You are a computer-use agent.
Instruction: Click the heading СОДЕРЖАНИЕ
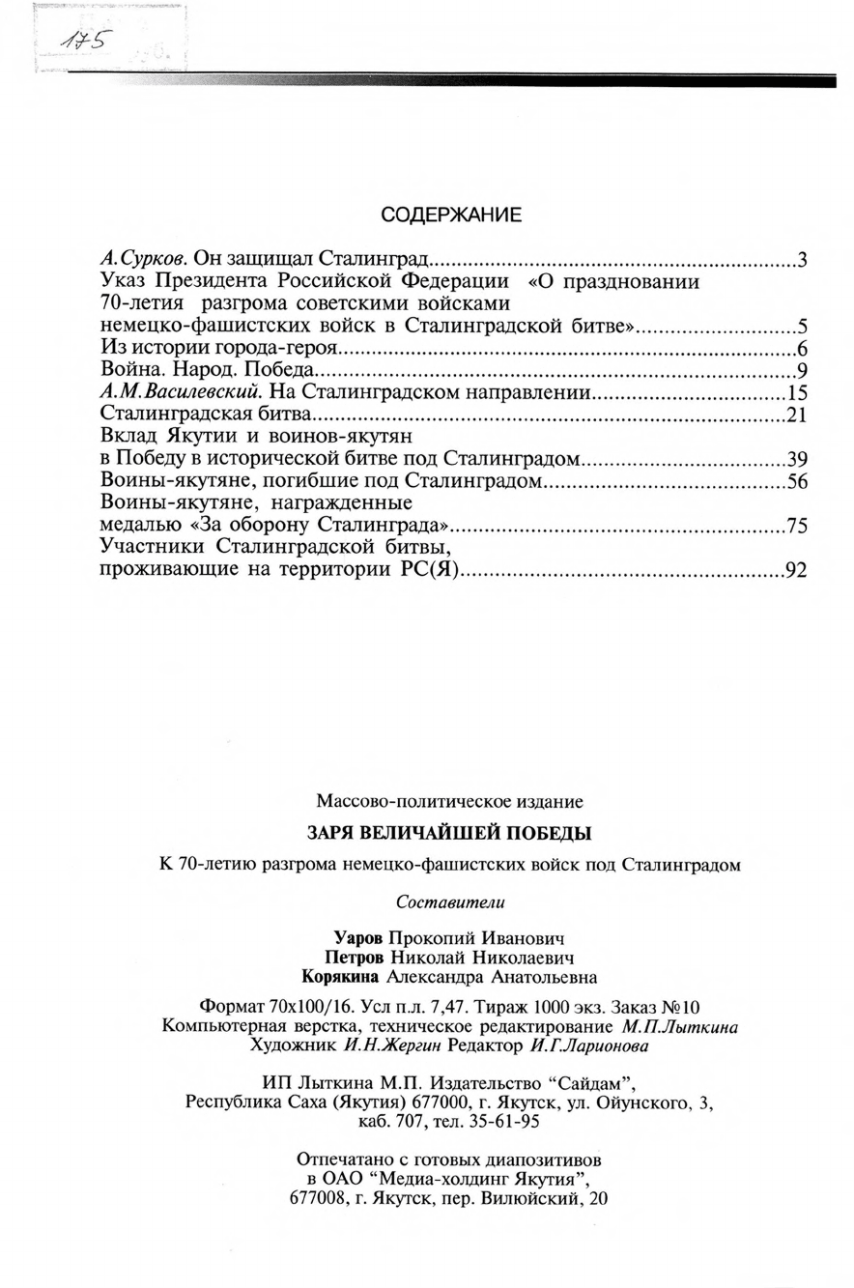(x=451, y=215)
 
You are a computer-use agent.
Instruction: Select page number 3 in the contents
(x=802, y=259)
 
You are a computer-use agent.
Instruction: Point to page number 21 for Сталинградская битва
(x=797, y=415)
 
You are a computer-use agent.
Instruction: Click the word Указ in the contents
(x=126, y=281)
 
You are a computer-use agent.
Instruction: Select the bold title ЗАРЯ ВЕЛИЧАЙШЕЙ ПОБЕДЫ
(x=448, y=832)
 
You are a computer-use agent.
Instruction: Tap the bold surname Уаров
(x=360, y=938)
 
